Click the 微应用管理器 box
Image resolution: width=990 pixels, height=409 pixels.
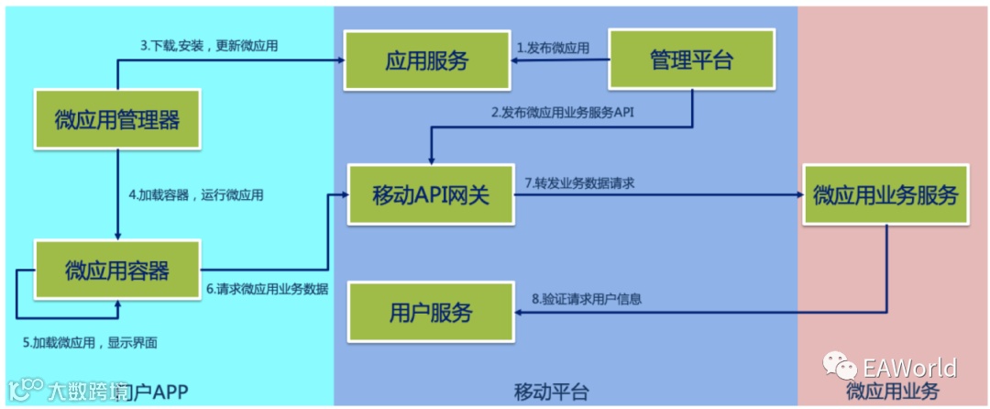click(x=116, y=119)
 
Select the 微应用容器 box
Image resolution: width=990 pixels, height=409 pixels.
click(x=116, y=270)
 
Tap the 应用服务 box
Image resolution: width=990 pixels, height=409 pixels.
click(x=426, y=61)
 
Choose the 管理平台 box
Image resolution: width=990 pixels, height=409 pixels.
click(x=692, y=61)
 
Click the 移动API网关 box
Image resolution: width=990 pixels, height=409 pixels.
click(x=431, y=195)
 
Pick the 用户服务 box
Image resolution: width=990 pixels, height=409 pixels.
click(x=431, y=313)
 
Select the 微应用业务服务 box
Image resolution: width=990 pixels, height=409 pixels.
click(x=885, y=195)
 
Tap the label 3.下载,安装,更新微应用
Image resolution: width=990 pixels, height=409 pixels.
click(x=208, y=45)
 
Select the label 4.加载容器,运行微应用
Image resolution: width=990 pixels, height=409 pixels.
click(x=196, y=195)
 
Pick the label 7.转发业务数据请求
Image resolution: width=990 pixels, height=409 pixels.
click(x=580, y=183)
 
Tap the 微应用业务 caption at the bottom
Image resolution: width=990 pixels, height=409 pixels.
click(x=892, y=392)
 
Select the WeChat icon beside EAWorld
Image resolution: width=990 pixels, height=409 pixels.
click(x=840, y=367)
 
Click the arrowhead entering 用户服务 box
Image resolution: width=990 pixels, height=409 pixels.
click(x=519, y=313)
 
